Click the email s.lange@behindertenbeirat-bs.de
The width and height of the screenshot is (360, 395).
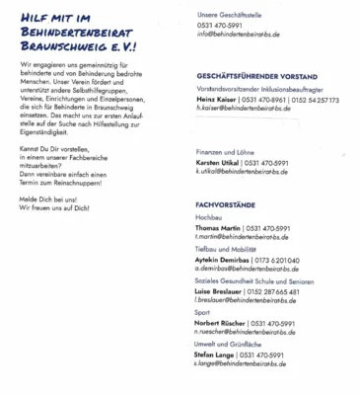[x=240, y=363]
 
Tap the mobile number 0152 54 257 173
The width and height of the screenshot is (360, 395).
[x=321, y=100]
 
